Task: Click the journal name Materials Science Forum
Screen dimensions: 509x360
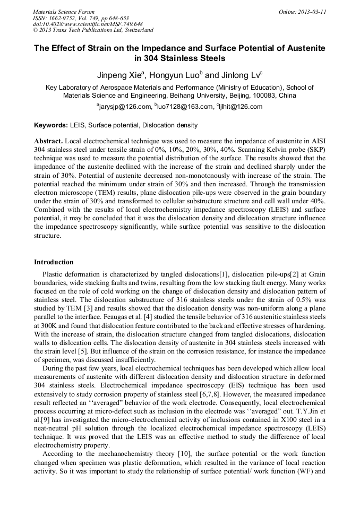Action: point(63,12)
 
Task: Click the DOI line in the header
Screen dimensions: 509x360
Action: point(88,24)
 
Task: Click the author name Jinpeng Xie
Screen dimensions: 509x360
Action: point(119,75)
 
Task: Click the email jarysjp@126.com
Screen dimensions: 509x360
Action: point(125,107)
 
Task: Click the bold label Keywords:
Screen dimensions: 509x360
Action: point(51,125)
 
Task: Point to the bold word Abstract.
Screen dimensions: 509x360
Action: point(48,142)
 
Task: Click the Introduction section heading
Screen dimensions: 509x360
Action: point(54,262)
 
